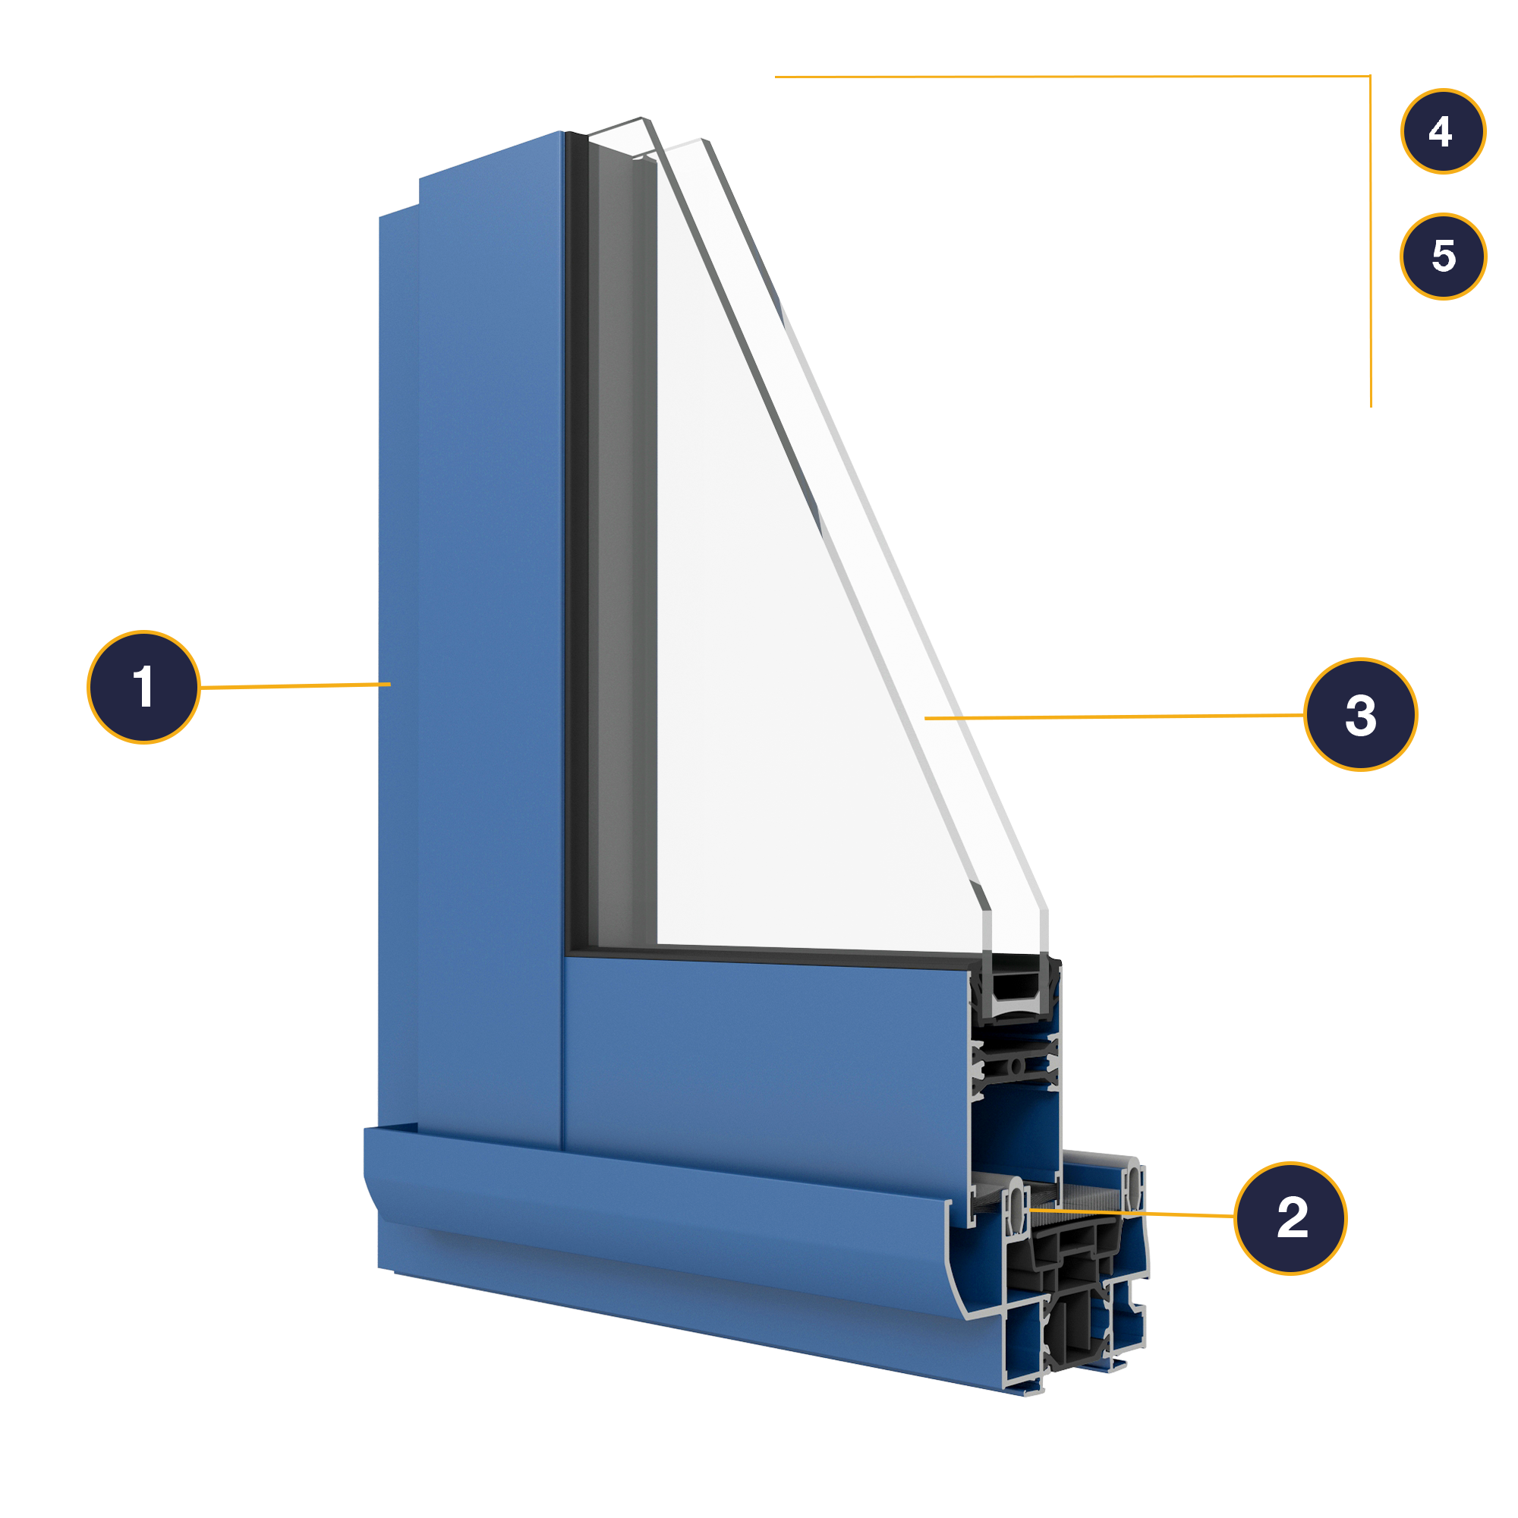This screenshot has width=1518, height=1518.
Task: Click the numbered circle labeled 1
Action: coord(143,687)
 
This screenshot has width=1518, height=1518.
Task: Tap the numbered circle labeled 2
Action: coord(1290,1218)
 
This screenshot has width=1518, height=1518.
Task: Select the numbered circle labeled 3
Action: coord(1360,714)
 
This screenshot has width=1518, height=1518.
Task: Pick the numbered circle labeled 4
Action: coord(1443,131)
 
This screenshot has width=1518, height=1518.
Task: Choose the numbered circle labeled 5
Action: coord(1443,256)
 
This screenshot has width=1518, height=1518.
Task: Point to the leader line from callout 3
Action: coord(1116,716)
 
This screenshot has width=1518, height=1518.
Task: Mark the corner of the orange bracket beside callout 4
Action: coord(1370,77)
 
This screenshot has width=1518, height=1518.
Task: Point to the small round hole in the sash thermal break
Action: coord(1016,1066)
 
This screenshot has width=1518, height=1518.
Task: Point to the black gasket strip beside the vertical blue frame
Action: coord(577,550)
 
